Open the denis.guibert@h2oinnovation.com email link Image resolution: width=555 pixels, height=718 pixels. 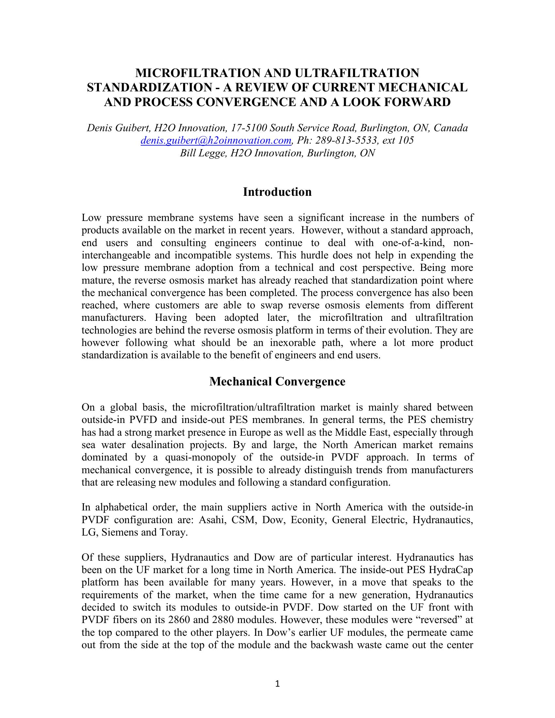[216, 141]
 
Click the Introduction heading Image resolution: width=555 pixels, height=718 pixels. [277, 192]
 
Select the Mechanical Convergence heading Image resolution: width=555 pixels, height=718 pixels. [277, 381]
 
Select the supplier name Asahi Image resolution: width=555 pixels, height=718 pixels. [213, 520]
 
